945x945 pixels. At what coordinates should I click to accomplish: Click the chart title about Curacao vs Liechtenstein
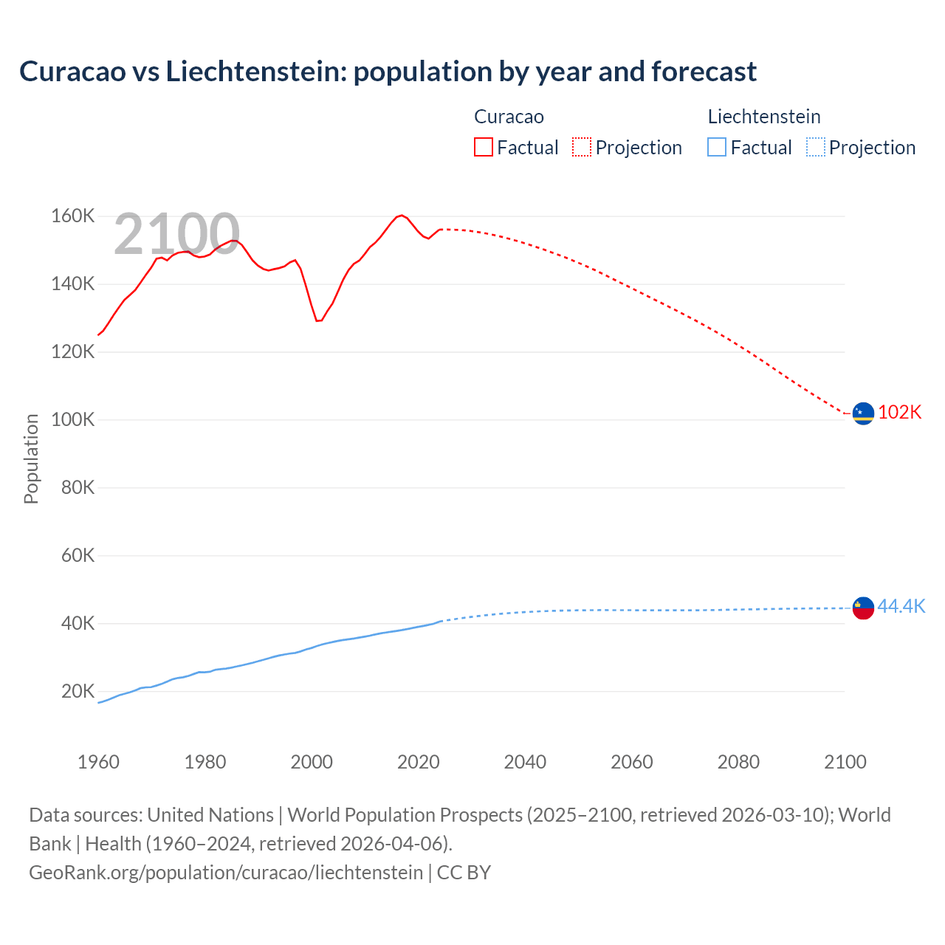(388, 72)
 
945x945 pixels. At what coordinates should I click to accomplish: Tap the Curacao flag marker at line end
(863, 413)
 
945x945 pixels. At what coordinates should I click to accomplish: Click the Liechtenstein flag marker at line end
(863, 608)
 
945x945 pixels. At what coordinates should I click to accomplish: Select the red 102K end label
(899, 412)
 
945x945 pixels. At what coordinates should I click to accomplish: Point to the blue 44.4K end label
(901, 606)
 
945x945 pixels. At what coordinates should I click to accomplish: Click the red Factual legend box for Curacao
(484, 147)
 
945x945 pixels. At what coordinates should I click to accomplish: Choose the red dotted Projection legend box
(582, 147)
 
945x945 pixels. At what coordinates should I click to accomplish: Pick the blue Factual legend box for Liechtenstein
(717, 147)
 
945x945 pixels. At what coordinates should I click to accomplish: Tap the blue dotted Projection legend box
(815, 147)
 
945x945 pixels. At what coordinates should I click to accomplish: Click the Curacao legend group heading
(509, 117)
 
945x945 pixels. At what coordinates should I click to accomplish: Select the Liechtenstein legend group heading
(764, 117)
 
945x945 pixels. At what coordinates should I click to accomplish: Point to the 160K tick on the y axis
(72, 216)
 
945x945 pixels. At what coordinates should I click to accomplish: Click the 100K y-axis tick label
(72, 420)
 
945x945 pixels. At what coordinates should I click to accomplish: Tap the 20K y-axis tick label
(78, 692)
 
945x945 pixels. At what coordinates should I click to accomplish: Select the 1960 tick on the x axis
(98, 762)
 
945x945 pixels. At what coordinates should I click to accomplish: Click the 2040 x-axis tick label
(525, 762)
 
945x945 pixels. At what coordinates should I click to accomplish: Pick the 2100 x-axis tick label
(845, 762)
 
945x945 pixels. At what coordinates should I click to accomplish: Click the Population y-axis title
(31, 458)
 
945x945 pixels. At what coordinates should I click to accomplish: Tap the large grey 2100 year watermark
(176, 234)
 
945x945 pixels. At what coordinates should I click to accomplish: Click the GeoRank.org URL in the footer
(226, 872)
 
